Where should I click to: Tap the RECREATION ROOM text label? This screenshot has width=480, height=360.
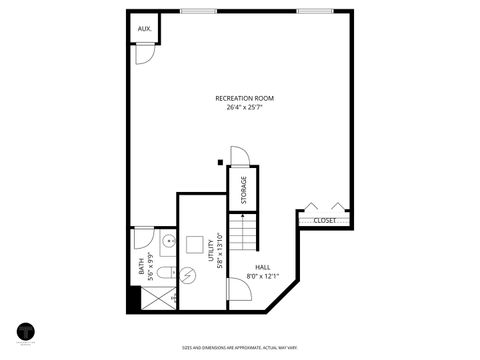coord(244,98)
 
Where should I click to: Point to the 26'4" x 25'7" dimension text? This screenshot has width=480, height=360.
coord(244,107)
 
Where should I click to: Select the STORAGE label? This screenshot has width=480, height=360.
coord(242,190)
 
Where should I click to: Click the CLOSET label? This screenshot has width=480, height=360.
coord(324,220)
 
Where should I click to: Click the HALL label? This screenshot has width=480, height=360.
coord(263,267)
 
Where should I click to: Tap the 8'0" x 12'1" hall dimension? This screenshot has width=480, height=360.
coord(263,276)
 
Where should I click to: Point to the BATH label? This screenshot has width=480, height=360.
coord(141,267)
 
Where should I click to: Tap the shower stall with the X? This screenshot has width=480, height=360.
coord(157,298)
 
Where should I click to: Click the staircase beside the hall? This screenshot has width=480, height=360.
coord(243,236)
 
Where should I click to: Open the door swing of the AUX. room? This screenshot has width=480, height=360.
coord(146,56)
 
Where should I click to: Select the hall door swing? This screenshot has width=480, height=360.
coord(239,289)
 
